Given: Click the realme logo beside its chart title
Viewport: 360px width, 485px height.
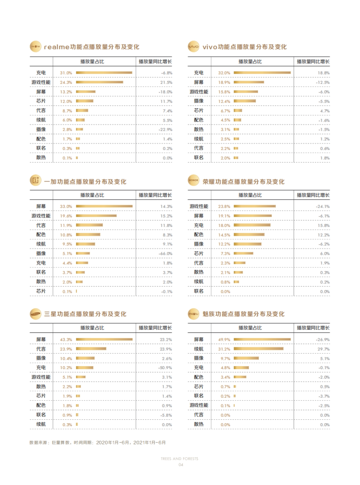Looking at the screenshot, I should [x=35, y=47].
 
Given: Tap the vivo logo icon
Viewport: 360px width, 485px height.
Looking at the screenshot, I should [x=193, y=47].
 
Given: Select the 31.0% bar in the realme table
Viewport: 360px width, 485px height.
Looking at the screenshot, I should [x=104, y=73].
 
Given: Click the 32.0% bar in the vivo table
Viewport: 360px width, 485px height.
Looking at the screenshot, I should [x=262, y=73].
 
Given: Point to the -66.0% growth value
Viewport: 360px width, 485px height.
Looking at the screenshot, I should [x=166, y=254].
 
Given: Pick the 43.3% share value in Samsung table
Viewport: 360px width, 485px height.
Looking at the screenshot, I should [x=66, y=340].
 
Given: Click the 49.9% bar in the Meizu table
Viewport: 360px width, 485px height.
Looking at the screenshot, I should [x=262, y=339].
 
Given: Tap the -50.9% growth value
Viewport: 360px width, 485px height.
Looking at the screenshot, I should [x=165, y=368].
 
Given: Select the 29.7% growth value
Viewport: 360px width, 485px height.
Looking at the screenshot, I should [x=324, y=349].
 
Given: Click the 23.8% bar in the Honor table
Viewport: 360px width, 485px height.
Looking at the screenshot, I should [x=255, y=206].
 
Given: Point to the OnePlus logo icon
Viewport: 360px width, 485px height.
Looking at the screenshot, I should [x=35, y=180].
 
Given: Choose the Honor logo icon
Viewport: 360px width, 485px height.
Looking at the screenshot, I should [x=193, y=180].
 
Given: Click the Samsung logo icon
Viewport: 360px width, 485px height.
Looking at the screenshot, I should [x=35, y=314].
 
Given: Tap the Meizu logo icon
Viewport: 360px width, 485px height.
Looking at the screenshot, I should [x=193, y=314].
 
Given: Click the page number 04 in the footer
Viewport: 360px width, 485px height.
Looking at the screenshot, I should [x=181, y=465].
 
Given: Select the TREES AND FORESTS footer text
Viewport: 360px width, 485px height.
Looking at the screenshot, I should [x=179, y=459].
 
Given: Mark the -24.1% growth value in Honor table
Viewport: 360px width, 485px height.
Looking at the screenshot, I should [x=323, y=206].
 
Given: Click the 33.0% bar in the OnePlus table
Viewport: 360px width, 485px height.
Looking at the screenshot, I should [x=104, y=206].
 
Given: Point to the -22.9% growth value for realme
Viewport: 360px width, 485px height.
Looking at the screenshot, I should [x=166, y=130].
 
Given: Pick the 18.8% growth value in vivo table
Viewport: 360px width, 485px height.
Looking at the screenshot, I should [x=324, y=73].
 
